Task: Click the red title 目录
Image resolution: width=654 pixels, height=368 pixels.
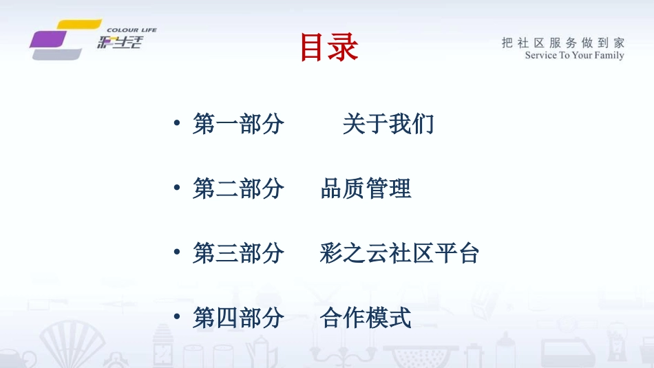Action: [329, 48]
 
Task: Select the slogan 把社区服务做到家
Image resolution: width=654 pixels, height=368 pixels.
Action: [562, 43]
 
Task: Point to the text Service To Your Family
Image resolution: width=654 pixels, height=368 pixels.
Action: [574, 56]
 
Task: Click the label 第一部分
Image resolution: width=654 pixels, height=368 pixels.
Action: [238, 125]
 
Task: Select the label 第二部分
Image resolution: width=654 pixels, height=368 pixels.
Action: [238, 188]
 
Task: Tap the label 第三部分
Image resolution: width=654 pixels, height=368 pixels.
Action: [238, 253]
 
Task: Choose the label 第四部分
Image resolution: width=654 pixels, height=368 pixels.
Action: [238, 318]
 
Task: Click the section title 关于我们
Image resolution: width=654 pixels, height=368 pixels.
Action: [388, 125]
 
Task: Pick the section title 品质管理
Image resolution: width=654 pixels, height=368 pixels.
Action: [366, 188]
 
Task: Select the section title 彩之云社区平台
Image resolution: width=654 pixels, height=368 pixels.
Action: [399, 253]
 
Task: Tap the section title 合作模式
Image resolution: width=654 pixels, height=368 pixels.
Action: [366, 318]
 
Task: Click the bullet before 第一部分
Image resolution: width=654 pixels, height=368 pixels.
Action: [177, 125]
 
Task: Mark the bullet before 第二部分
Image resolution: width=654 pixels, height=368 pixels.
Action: [177, 188]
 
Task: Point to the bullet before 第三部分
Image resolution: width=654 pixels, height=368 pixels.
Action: [177, 253]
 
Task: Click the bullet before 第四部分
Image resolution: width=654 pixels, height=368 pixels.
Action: [177, 318]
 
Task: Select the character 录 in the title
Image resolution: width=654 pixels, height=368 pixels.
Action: [344, 48]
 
